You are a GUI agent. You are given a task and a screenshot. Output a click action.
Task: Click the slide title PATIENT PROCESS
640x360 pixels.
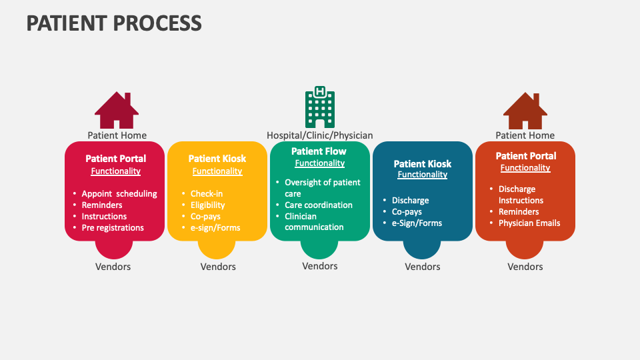tap(114, 23)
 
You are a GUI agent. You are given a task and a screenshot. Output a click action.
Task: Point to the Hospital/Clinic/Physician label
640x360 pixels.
tap(320, 135)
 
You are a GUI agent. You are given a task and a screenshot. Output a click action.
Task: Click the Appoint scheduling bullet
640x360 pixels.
tap(119, 193)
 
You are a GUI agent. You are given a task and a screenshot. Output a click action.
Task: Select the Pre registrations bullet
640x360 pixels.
tap(113, 227)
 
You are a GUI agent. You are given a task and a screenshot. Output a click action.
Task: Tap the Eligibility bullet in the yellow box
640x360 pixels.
tap(207, 205)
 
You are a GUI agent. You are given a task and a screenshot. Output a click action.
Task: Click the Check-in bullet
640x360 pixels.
tap(207, 193)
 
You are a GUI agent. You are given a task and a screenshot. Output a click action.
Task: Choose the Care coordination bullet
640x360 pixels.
tap(319, 205)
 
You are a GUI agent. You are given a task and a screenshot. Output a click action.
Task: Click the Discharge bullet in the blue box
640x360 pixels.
tap(410, 200)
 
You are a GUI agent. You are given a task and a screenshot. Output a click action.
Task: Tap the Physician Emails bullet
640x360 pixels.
tap(529, 223)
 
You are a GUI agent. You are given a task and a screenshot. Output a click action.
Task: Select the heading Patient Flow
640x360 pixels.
tap(319, 151)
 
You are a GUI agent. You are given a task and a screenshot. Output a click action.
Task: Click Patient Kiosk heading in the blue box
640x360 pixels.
tap(423, 163)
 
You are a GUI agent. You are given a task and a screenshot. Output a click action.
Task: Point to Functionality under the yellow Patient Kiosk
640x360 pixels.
tap(217, 171)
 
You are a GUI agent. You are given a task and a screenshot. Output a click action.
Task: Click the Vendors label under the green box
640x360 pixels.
tap(320, 266)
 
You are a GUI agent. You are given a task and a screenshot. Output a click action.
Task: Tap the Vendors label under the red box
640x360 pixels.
tap(113, 267)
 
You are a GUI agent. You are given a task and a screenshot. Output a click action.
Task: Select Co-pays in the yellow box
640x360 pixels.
tap(205, 216)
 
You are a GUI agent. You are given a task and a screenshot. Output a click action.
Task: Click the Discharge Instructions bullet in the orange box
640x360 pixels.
tap(521, 195)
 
